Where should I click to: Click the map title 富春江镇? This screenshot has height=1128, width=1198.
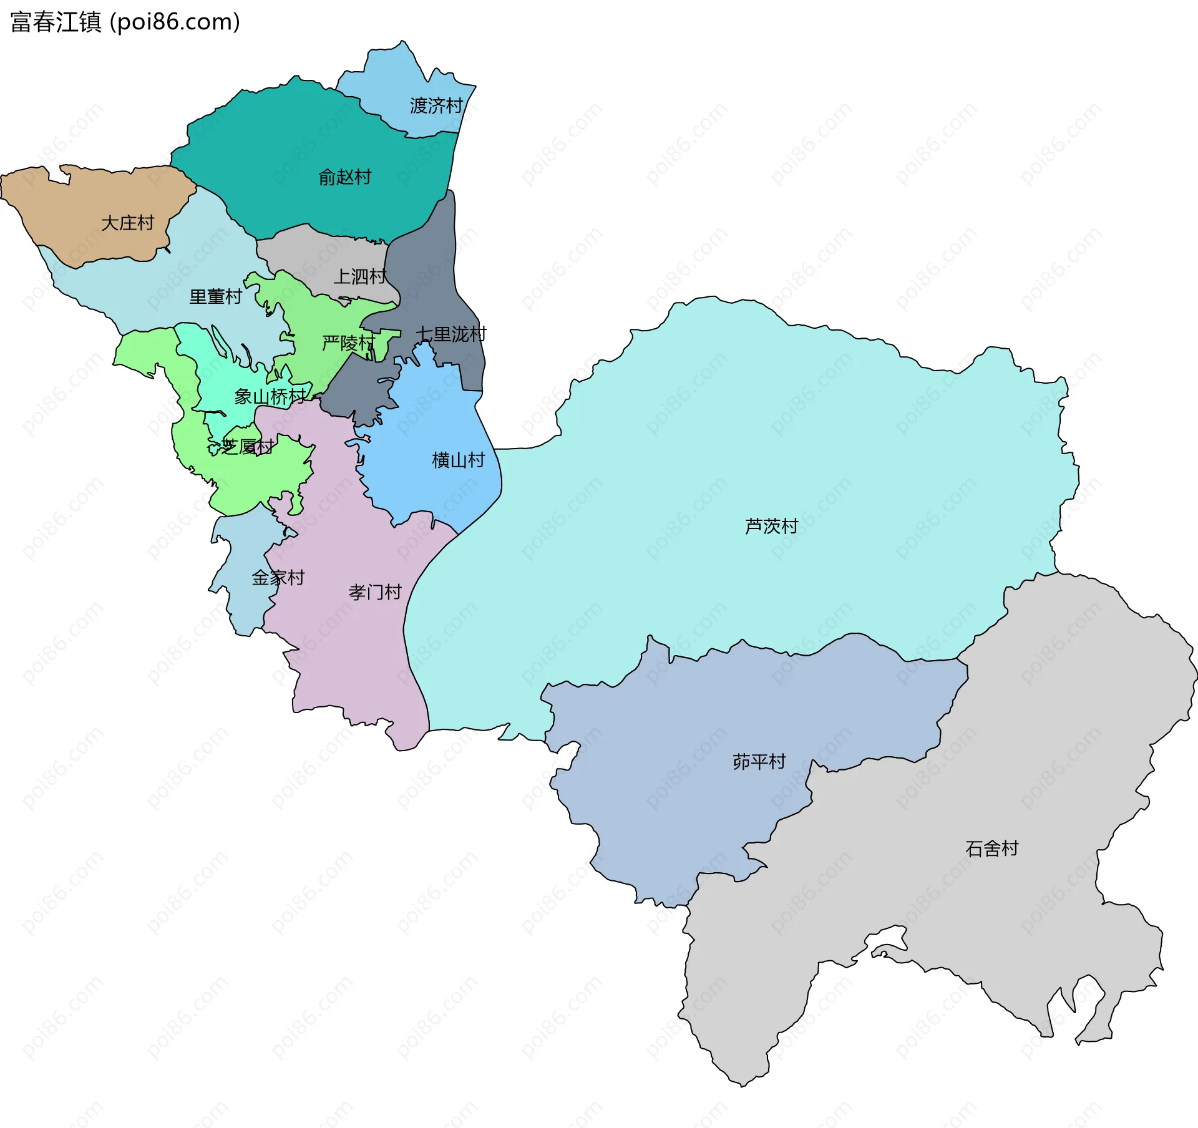(x=56, y=22)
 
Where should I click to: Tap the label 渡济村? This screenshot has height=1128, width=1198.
(x=436, y=106)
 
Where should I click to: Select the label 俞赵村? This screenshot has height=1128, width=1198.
(x=344, y=178)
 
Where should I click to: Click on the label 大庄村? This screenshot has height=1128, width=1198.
(x=127, y=223)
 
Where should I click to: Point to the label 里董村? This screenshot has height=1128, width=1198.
(x=215, y=297)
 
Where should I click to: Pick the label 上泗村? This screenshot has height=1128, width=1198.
(x=359, y=276)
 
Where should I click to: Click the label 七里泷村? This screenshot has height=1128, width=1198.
(x=450, y=334)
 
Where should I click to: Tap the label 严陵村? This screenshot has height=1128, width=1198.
(x=348, y=343)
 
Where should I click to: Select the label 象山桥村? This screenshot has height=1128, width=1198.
(x=270, y=397)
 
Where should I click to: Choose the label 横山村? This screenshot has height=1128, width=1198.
(x=458, y=460)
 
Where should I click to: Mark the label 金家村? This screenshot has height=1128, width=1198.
(x=278, y=578)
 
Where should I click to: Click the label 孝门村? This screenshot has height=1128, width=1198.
(x=374, y=592)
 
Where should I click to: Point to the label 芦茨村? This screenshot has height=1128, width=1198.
(x=771, y=527)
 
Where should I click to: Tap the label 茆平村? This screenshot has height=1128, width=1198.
(x=759, y=762)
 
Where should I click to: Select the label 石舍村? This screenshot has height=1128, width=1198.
(x=991, y=848)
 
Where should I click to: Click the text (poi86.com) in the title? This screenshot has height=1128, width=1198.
(x=175, y=22)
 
